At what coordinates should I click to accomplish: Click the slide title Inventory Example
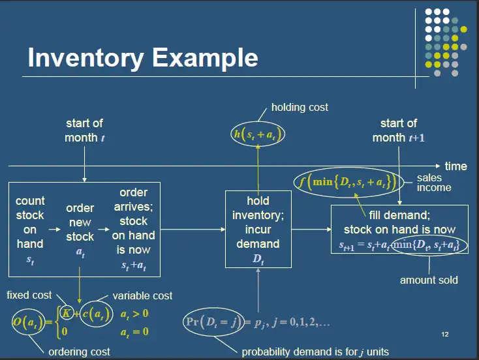click(x=143, y=58)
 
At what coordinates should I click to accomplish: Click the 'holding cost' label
click(x=300, y=107)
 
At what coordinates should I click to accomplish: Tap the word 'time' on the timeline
click(x=456, y=166)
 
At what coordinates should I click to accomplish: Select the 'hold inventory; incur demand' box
click(x=258, y=229)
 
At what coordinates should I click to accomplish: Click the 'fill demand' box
click(x=399, y=229)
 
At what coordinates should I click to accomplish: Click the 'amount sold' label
click(x=429, y=280)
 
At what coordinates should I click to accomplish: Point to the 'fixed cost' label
click(x=29, y=295)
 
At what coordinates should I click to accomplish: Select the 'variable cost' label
click(x=142, y=296)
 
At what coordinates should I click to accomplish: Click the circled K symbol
click(x=65, y=313)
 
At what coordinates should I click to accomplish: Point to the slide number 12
click(x=444, y=335)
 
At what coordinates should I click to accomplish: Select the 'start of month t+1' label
click(x=398, y=130)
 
